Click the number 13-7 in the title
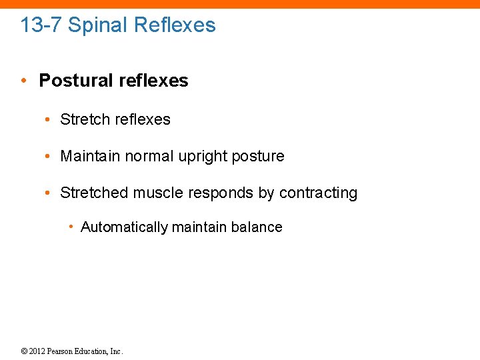(x=41, y=25)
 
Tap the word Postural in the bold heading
(x=76, y=81)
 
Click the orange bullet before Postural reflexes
(x=24, y=81)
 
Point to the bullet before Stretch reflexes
(x=49, y=120)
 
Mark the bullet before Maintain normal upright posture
(x=49, y=157)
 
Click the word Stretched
(x=94, y=193)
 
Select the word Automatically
(x=124, y=227)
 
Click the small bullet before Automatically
(x=71, y=227)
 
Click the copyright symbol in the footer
(x=24, y=351)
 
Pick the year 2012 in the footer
(x=37, y=351)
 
